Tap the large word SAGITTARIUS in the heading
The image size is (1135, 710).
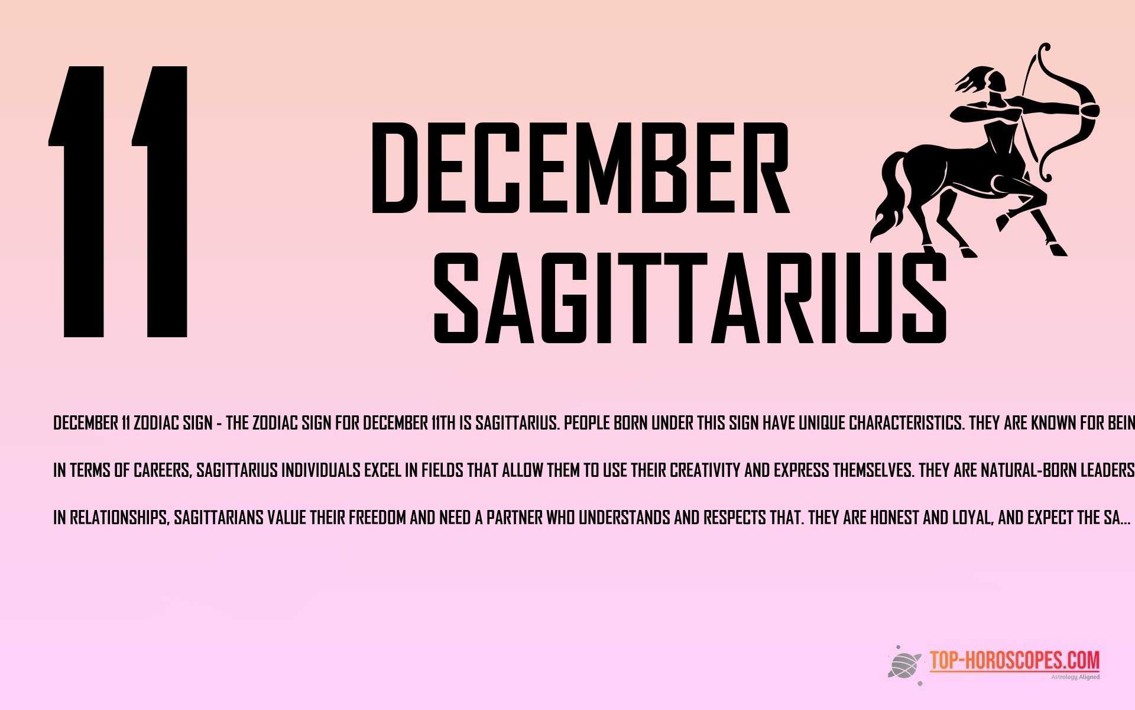tap(690, 299)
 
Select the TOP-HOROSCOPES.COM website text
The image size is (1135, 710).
tap(1014, 660)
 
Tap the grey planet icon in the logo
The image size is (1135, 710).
tap(904, 664)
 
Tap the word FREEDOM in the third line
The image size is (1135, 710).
tap(377, 518)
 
